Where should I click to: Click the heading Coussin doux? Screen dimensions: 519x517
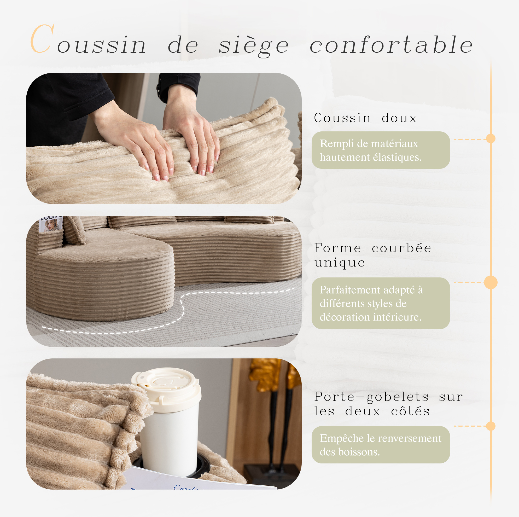365,118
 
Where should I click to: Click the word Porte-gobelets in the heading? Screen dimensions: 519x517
371,397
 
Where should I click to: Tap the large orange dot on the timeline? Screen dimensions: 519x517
491,282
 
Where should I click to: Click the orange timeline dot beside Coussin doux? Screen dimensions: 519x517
491,139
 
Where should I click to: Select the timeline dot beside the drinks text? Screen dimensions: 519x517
491,426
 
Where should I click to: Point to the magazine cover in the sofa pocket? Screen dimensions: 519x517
50,224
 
